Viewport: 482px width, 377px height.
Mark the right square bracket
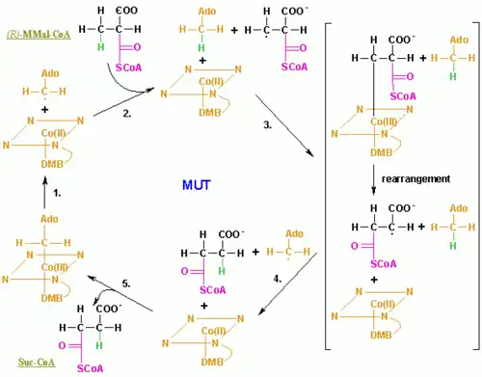472,192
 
